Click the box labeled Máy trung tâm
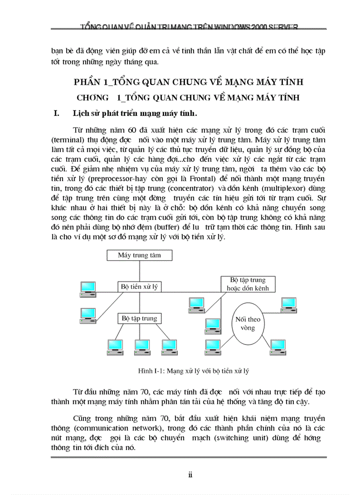(x=139, y=255)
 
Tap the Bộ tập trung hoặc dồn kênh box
(x=248, y=284)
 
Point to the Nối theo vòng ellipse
(x=248, y=324)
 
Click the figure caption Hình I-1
(x=194, y=371)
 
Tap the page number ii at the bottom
(x=191, y=474)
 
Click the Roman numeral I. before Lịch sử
(x=56, y=113)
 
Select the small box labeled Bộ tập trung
(x=139, y=318)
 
